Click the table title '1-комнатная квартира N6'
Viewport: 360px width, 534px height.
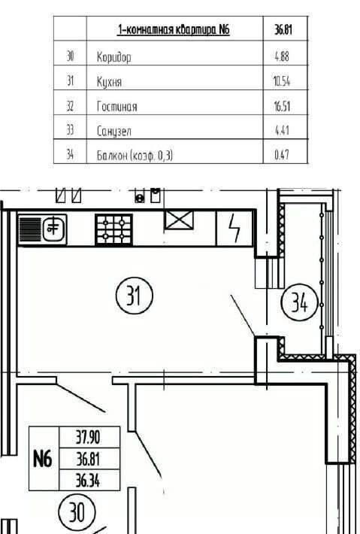point(174,29)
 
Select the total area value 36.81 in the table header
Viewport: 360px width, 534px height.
point(283,30)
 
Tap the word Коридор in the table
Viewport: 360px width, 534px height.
point(113,57)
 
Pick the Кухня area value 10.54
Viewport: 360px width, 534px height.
point(282,81)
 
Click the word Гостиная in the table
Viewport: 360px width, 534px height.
point(116,107)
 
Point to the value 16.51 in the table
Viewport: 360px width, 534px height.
point(282,106)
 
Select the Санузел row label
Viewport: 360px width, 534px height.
point(113,131)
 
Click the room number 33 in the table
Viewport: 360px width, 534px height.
point(70,130)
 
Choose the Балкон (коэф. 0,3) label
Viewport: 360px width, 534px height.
point(135,156)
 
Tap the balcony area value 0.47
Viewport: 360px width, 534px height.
point(282,155)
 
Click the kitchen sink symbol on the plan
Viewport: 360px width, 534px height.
point(42,229)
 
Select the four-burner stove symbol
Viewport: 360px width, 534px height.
point(113,229)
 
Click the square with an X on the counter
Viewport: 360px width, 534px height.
point(179,220)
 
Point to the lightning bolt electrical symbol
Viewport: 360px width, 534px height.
point(234,228)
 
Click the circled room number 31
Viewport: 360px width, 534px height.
point(135,296)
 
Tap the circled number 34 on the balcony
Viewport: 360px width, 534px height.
point(299,302)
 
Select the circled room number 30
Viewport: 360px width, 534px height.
point(77,512)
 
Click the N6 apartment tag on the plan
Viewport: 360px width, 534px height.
point(43,459)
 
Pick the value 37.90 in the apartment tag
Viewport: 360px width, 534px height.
point(88,437)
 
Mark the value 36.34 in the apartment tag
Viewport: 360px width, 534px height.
point(88,481)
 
